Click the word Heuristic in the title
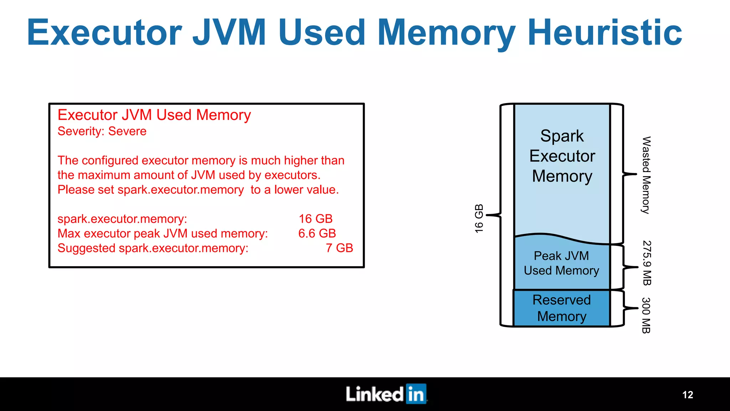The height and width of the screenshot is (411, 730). click(x=605, y=33)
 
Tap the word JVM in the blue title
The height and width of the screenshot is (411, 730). click(x=229, y=33)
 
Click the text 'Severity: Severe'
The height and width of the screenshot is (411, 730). click(x=102, y=131)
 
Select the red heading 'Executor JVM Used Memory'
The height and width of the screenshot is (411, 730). click(x=154, y=115)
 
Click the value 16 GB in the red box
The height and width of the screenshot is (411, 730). click(x=315, y=219)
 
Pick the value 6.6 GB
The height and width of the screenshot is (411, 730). click(x=317, y=233)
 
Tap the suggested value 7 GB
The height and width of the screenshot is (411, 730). click(x=339, y=248)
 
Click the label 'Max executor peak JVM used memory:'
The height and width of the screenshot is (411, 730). click(x=163, y=233)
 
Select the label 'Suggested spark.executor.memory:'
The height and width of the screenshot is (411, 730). click(x=153, y=248)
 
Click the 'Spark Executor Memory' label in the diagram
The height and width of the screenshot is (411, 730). click(x=562, y=156)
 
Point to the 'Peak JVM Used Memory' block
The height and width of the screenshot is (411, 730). click(x=561, y=263)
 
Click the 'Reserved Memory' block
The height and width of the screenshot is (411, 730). click(x=561, y=308)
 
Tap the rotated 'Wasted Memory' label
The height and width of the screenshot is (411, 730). click(x=646, y=175)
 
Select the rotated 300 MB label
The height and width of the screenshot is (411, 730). click(x=646, y=315)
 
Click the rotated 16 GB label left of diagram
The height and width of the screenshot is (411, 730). click(x=479, y=219)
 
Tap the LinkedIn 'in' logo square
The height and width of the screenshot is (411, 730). click(x=416, y=394)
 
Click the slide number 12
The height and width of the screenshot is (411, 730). click(x=688, y=395)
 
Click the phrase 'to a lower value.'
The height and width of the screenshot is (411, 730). click(x=294, y=190)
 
